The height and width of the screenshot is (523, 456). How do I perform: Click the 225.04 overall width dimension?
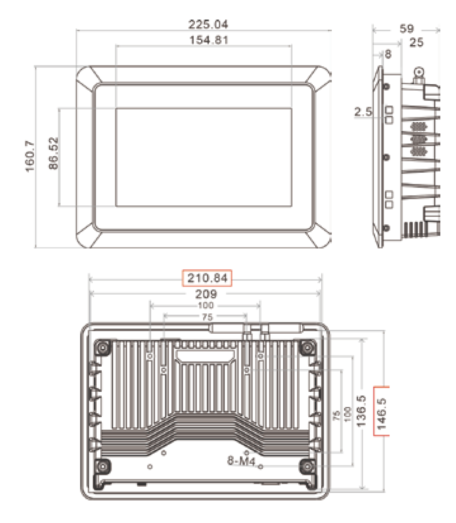coord(208,24)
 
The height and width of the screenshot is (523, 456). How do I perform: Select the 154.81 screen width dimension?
coord(209,40)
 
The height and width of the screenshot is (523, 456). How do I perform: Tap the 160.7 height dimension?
coord(30,156)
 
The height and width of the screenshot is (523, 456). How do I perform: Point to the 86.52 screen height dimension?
coord(53,153)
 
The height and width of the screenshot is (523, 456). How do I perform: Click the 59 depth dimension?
coord(407,29)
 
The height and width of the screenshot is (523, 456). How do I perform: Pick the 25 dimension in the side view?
coord(416,42)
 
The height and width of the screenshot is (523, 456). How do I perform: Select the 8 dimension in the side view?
coord(388,54)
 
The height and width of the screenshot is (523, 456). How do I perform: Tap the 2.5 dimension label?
coord(363,112)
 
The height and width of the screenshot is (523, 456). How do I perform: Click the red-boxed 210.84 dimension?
coord(207,278)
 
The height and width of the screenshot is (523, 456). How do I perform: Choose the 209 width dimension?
coord(206,294)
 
